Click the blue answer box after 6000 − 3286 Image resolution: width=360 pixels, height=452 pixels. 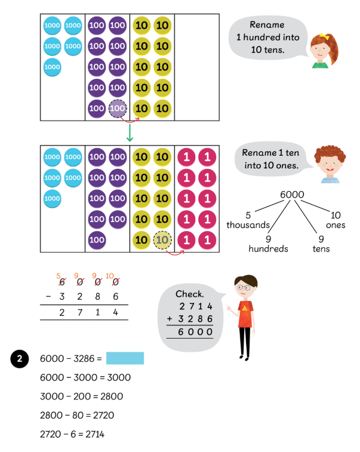point(125,358)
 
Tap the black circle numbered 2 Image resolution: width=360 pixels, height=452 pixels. point(20,359)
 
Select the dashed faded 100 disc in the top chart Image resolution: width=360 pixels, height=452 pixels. point(118,109)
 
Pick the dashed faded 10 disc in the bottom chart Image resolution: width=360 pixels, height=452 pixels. point(162,241)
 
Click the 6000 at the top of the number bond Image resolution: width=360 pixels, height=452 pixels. point(292,195)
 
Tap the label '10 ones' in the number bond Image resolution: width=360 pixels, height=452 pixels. point(336,220)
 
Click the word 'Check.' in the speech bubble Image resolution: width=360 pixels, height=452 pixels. point(190,294)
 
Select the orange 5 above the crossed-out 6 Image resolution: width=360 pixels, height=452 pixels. point(59,276)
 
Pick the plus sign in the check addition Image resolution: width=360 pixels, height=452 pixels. point(170,319)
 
